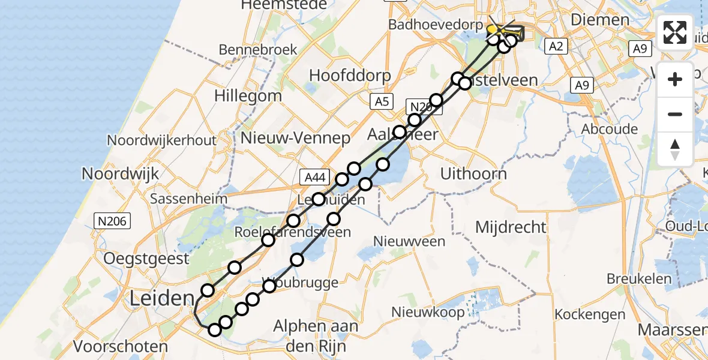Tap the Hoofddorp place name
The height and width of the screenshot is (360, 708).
[350, 76]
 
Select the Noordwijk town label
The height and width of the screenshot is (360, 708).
[120, 173]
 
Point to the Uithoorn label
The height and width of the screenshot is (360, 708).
[473, 173]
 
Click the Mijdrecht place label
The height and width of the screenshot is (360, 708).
[511, 227]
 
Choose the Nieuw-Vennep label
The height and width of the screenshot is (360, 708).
[295, 139]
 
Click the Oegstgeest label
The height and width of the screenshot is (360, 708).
[146, 259]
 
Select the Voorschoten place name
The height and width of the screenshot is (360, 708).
[121, 346]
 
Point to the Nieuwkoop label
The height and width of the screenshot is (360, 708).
[428, 312]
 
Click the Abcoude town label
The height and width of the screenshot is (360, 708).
[609, 129]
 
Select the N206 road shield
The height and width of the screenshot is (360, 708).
[112, 221]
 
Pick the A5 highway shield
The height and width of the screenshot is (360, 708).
[382, 101]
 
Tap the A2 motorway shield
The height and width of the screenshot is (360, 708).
[556, 47]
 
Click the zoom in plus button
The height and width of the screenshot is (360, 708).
[675, 79]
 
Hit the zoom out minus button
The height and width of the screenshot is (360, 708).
[675, 114]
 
